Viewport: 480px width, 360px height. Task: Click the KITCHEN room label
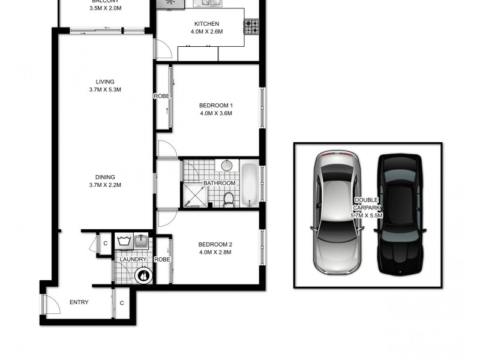(197, 24)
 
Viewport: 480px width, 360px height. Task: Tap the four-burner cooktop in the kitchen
(251, 27)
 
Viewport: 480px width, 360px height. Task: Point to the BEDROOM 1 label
(215, 106)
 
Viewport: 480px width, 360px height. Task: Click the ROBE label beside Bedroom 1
(162, 96)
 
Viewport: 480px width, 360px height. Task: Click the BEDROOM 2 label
(215, 244)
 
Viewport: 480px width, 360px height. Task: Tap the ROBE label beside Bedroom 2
(162, 259)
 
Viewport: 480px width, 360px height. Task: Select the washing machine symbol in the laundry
(125, 242)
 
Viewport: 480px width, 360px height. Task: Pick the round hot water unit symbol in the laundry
(143, 276)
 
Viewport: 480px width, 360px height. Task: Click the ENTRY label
(79, 302)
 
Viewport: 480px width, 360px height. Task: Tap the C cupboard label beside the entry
(121, 302)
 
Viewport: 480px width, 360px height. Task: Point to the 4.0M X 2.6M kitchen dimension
(197, 32)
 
